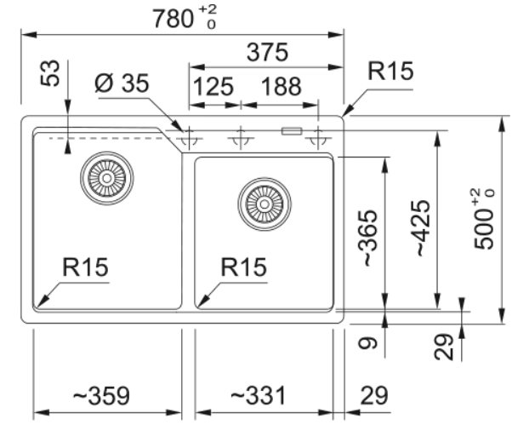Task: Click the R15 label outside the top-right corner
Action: pyautogui.click(x=390, y=72)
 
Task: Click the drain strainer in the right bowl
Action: pyautogui.click(x=265, y=204)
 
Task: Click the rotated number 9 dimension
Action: pyautogui.click(x=366, y=344)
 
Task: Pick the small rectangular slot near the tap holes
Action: pyautogui.click(x=292, y=130)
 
